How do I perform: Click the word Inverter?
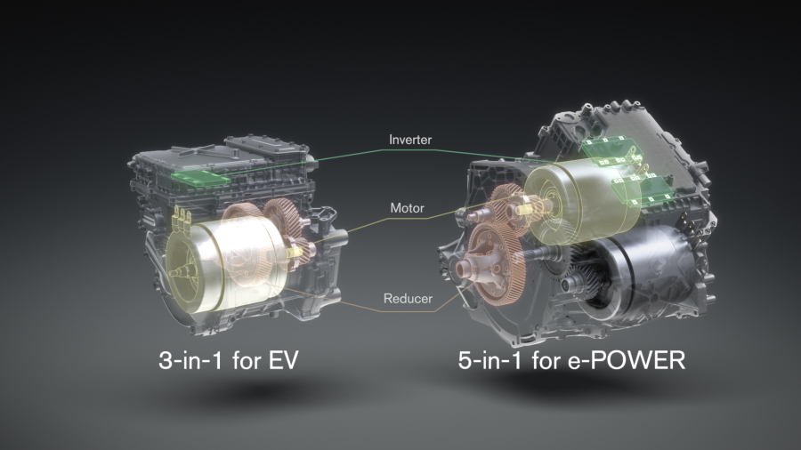pyautogui.click(x=411, y=140)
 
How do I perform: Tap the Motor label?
pyautogui.click(x=407, y=209)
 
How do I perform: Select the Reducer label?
pyautogui.click(x=409, y=299)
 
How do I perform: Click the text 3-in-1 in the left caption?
pyautogui.click(x=184, y=362)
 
